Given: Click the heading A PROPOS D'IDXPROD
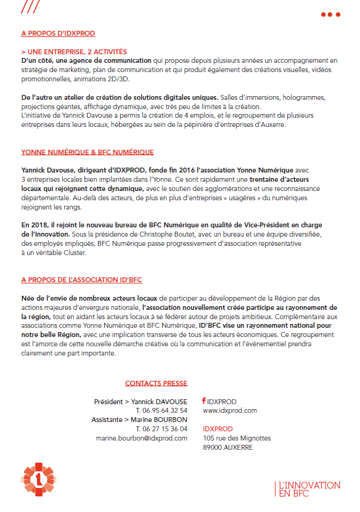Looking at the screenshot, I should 58,33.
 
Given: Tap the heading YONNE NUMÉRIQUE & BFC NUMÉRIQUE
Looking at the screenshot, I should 87,152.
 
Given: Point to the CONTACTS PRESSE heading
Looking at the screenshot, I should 156,383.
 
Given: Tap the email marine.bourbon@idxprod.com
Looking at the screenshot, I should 141,438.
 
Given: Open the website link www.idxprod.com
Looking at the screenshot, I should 229,410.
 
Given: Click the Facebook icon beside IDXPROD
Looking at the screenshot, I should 204,400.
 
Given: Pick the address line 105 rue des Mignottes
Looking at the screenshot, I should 236,438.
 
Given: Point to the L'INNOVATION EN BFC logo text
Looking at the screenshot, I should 308,489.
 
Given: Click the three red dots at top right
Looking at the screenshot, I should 330,14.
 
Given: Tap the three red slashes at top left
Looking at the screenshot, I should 31,7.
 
